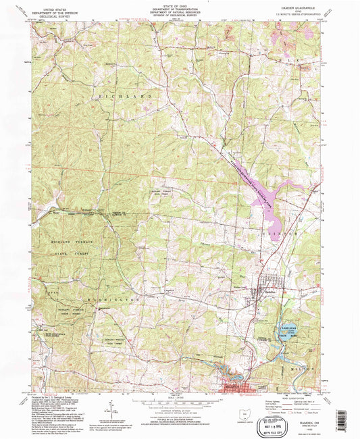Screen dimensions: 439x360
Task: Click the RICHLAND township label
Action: click(x=124, y=98)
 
